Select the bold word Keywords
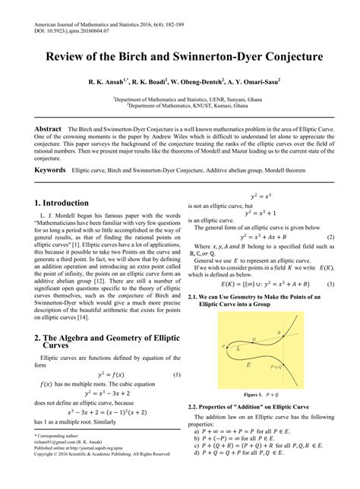tap(49, 170)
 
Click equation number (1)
tap(177, 353)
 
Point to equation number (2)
tap(331, 237)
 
